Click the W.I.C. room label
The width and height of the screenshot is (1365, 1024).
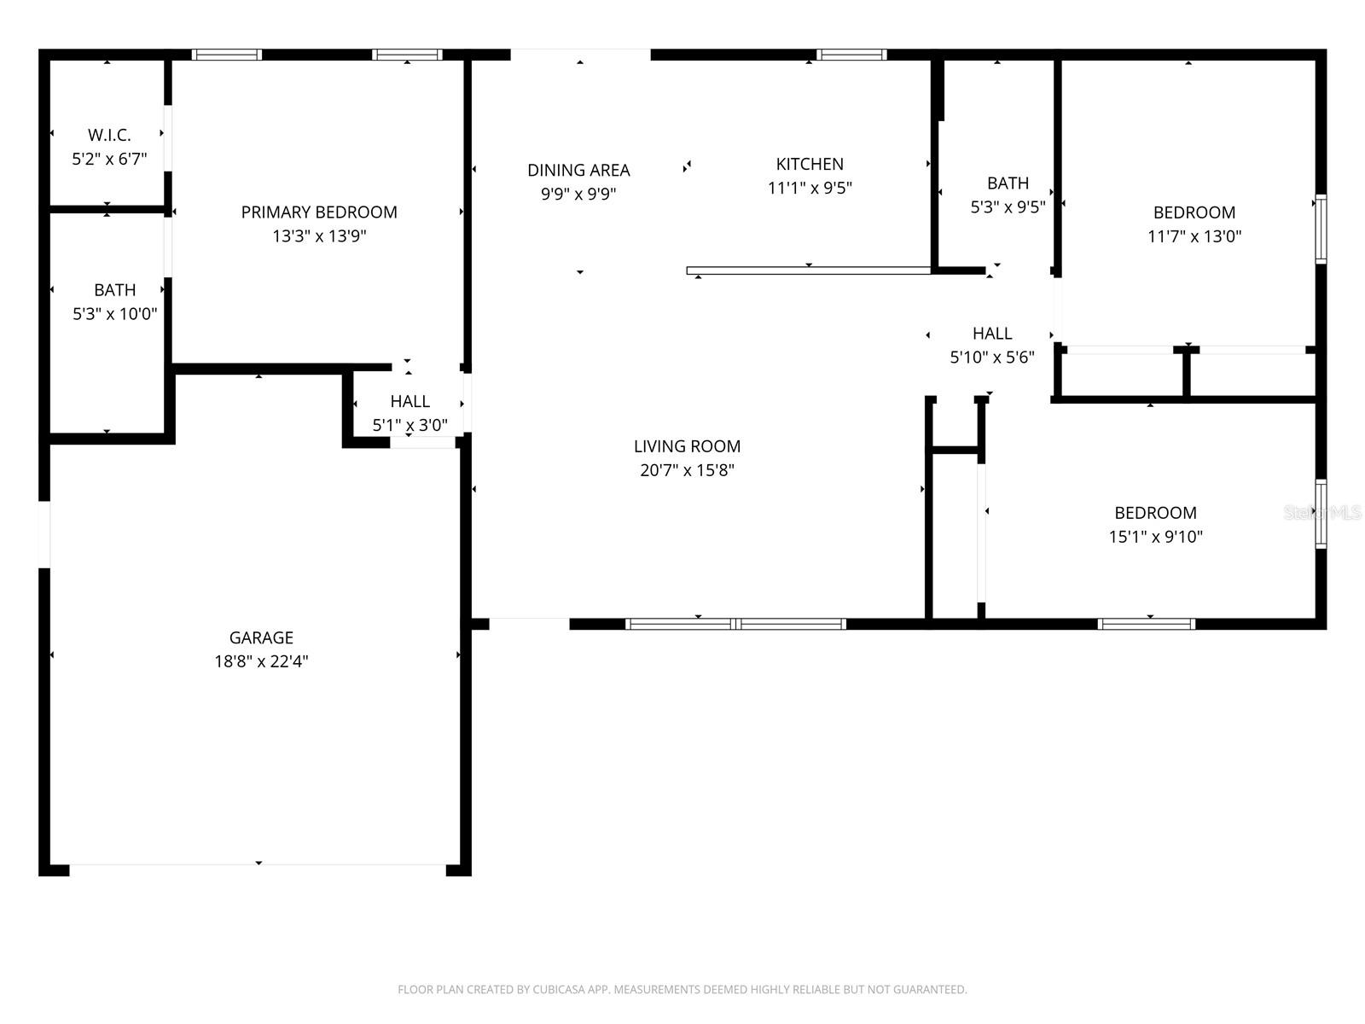pos(109,135)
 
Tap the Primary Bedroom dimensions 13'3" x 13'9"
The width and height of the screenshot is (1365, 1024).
pos(319,236)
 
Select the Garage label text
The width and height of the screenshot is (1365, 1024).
pos(261,637)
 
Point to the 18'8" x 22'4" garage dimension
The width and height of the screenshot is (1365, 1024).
pos(261,661)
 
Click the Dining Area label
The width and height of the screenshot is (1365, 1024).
pos(578,170)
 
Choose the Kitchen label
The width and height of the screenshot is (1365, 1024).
pos(810,164)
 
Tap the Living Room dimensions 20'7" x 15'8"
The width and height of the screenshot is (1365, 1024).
pos(687,470)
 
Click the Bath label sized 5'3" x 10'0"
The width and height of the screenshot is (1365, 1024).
pos(114,290)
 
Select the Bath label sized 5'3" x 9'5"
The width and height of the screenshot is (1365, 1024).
pos(1008,183)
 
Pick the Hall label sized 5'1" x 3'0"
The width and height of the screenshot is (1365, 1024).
pos(409,401)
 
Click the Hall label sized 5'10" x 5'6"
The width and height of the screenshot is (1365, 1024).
pos(992,334)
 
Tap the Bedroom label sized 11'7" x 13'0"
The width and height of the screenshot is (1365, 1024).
pos(1194,212)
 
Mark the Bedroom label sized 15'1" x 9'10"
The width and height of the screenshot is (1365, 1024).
pos(1155,513)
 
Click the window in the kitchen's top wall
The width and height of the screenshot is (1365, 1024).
pos(851,55)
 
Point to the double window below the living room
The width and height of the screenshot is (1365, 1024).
pos(735,624)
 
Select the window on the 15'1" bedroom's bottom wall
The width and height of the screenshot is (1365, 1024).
pos(1146,624)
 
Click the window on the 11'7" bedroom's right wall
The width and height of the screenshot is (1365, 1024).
pos(1321,228)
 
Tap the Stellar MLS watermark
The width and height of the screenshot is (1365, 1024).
pos(1322,512)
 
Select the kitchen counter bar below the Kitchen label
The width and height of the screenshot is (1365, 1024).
pos(808,271)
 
